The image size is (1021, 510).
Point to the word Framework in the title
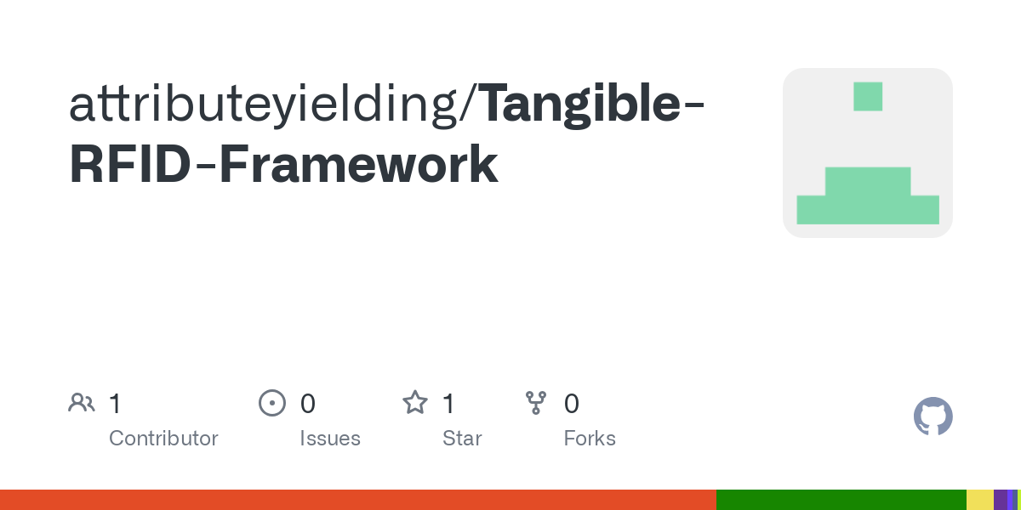point(358,165)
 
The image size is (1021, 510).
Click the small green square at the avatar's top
point(868,96)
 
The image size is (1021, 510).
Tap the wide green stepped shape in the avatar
point(868,197)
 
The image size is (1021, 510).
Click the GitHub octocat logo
point(933,416)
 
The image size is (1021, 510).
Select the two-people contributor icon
point(82,403)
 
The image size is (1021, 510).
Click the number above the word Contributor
point(115,404)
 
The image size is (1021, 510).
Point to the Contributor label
point(163,439)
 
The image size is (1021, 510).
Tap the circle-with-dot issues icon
point(271,403)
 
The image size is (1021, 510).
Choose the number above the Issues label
point(307,404)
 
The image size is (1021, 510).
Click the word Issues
point(330,439)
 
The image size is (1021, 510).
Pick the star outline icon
point(415,403)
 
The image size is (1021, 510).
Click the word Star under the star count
point(462,439)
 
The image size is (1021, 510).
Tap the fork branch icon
point(536,403)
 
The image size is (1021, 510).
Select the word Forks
point(590,439)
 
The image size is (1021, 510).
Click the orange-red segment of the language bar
point(357,500)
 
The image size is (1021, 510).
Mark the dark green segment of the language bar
point(841,500)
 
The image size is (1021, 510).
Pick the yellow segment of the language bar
point(979,500)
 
